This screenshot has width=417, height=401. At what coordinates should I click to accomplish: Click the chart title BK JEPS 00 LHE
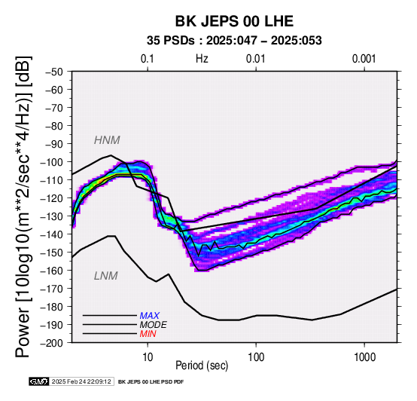234,21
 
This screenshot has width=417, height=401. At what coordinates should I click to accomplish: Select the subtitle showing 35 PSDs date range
234,41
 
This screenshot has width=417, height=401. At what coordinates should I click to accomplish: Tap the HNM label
107,140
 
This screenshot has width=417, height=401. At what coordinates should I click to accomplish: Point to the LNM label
106,276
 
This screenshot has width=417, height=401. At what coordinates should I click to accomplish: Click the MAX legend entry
150,316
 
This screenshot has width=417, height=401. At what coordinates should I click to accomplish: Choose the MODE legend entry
154,325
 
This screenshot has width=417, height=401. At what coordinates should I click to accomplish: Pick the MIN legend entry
148,334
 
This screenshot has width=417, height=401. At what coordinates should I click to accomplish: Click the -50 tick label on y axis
54,72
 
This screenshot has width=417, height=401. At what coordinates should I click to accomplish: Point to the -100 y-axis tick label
52,162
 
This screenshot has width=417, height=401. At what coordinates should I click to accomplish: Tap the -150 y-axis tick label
52,253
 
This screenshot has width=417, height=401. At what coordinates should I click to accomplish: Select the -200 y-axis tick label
52,343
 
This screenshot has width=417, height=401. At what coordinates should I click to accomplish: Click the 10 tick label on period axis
148,357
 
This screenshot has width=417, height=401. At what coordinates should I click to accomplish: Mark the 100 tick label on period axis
256,357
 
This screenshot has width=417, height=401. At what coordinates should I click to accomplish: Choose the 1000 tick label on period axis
364,357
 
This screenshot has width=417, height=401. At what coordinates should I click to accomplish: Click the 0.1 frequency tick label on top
148,59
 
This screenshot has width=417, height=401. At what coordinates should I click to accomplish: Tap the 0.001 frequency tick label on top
364,59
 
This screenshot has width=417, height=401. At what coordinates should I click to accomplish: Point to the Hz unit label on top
202,59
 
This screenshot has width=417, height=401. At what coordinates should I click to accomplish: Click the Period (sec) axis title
202,366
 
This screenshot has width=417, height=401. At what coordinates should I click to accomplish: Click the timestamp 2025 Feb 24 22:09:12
81,381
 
